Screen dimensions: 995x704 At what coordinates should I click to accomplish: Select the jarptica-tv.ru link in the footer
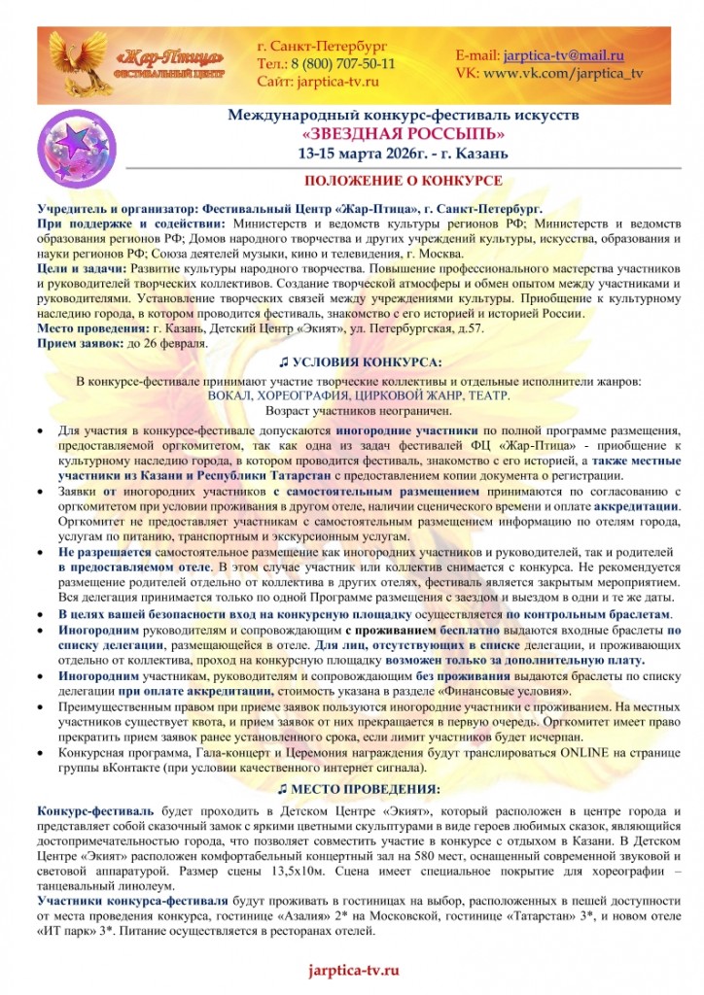click(x=353, y=971)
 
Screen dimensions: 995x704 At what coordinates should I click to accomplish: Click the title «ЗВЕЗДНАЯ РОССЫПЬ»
click(x=403, y=134)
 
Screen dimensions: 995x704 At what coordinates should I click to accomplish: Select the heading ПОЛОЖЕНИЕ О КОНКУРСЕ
click(x=403, y=181)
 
